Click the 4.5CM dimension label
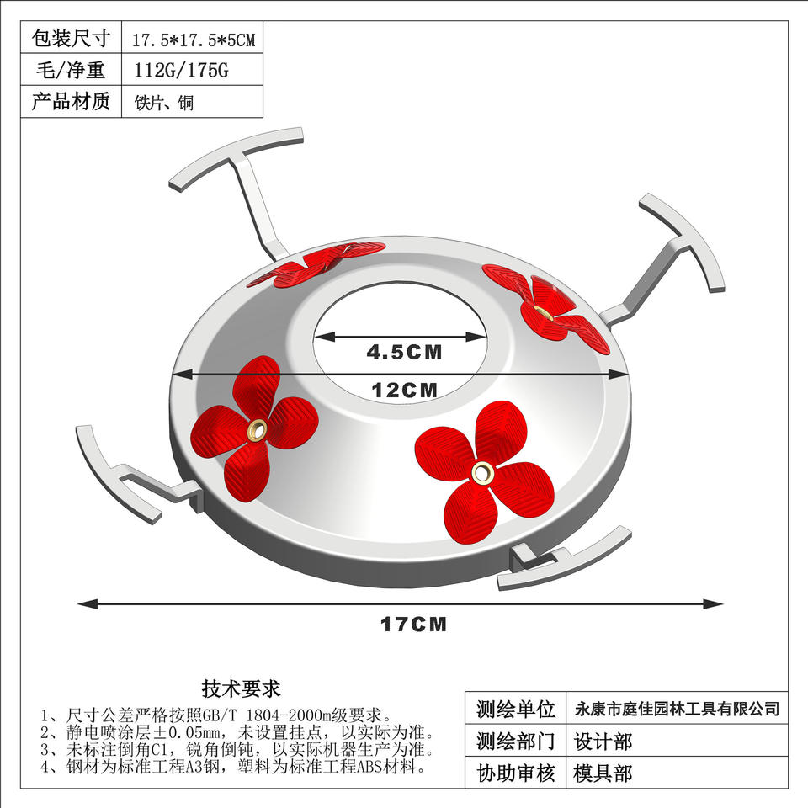click(404, 353)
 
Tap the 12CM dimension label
click(405, 390)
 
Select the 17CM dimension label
click(413, 625)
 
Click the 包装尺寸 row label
click(71, 38)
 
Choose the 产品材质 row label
click(71, 102)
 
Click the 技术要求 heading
click(241, 689)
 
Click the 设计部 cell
click(603, 742)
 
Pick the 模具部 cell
click(603, 773)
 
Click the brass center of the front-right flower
click(482, 471)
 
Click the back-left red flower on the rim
click(328, 260)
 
